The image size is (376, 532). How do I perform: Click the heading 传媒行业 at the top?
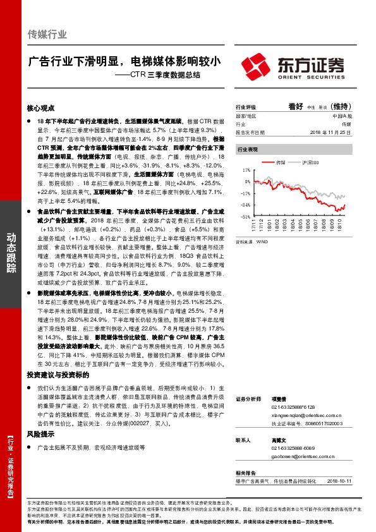click(x=47, y=34)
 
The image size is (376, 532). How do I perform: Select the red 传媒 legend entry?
click(x=279, y=163)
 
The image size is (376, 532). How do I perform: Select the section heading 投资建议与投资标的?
click(x=54, y=375)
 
